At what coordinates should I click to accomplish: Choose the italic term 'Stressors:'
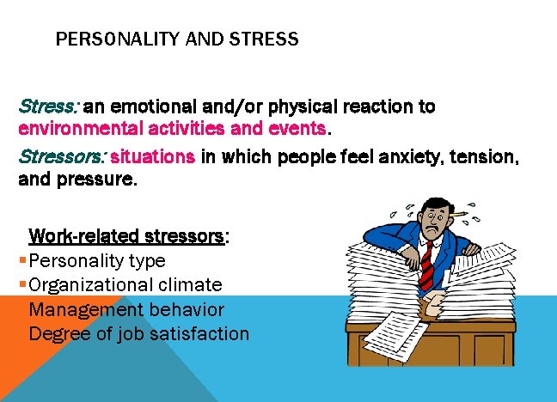(x=62, y=157)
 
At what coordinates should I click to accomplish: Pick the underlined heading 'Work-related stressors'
(x=126, y=235)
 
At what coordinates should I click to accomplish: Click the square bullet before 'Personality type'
(x=21, y=260)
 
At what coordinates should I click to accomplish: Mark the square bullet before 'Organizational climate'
(x=21, y=285)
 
